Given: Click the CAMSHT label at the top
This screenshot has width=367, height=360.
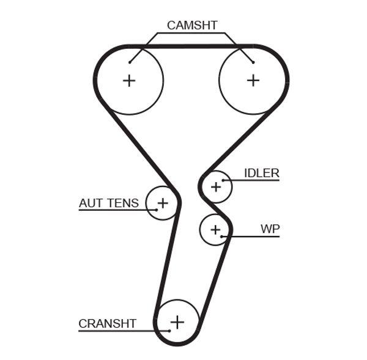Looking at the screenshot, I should point(191,25).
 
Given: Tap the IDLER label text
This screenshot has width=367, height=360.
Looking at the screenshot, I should point(261,173).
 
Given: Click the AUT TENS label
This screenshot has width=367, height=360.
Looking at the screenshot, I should point(109,203).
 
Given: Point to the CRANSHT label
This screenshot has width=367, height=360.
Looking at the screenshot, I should point(107,323).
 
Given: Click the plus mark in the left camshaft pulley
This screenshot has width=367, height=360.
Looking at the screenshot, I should point(129,80).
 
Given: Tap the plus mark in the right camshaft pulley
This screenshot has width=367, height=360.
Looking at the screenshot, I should point(253,80).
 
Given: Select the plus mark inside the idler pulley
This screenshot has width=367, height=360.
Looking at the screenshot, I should point(215,186).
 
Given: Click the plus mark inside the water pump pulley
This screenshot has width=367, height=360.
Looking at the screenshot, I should point(215,229).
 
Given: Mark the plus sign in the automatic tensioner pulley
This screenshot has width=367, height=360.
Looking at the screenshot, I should point(163,202).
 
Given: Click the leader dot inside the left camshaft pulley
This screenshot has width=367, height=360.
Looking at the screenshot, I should point(130,61).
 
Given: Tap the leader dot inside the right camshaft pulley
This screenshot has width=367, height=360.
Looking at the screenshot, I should point(253,61).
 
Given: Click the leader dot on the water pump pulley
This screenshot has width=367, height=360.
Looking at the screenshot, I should point(223,236).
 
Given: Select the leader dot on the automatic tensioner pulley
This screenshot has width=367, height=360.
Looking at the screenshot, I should point(157,210).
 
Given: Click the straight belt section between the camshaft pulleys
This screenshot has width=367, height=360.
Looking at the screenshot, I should point(191,46).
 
